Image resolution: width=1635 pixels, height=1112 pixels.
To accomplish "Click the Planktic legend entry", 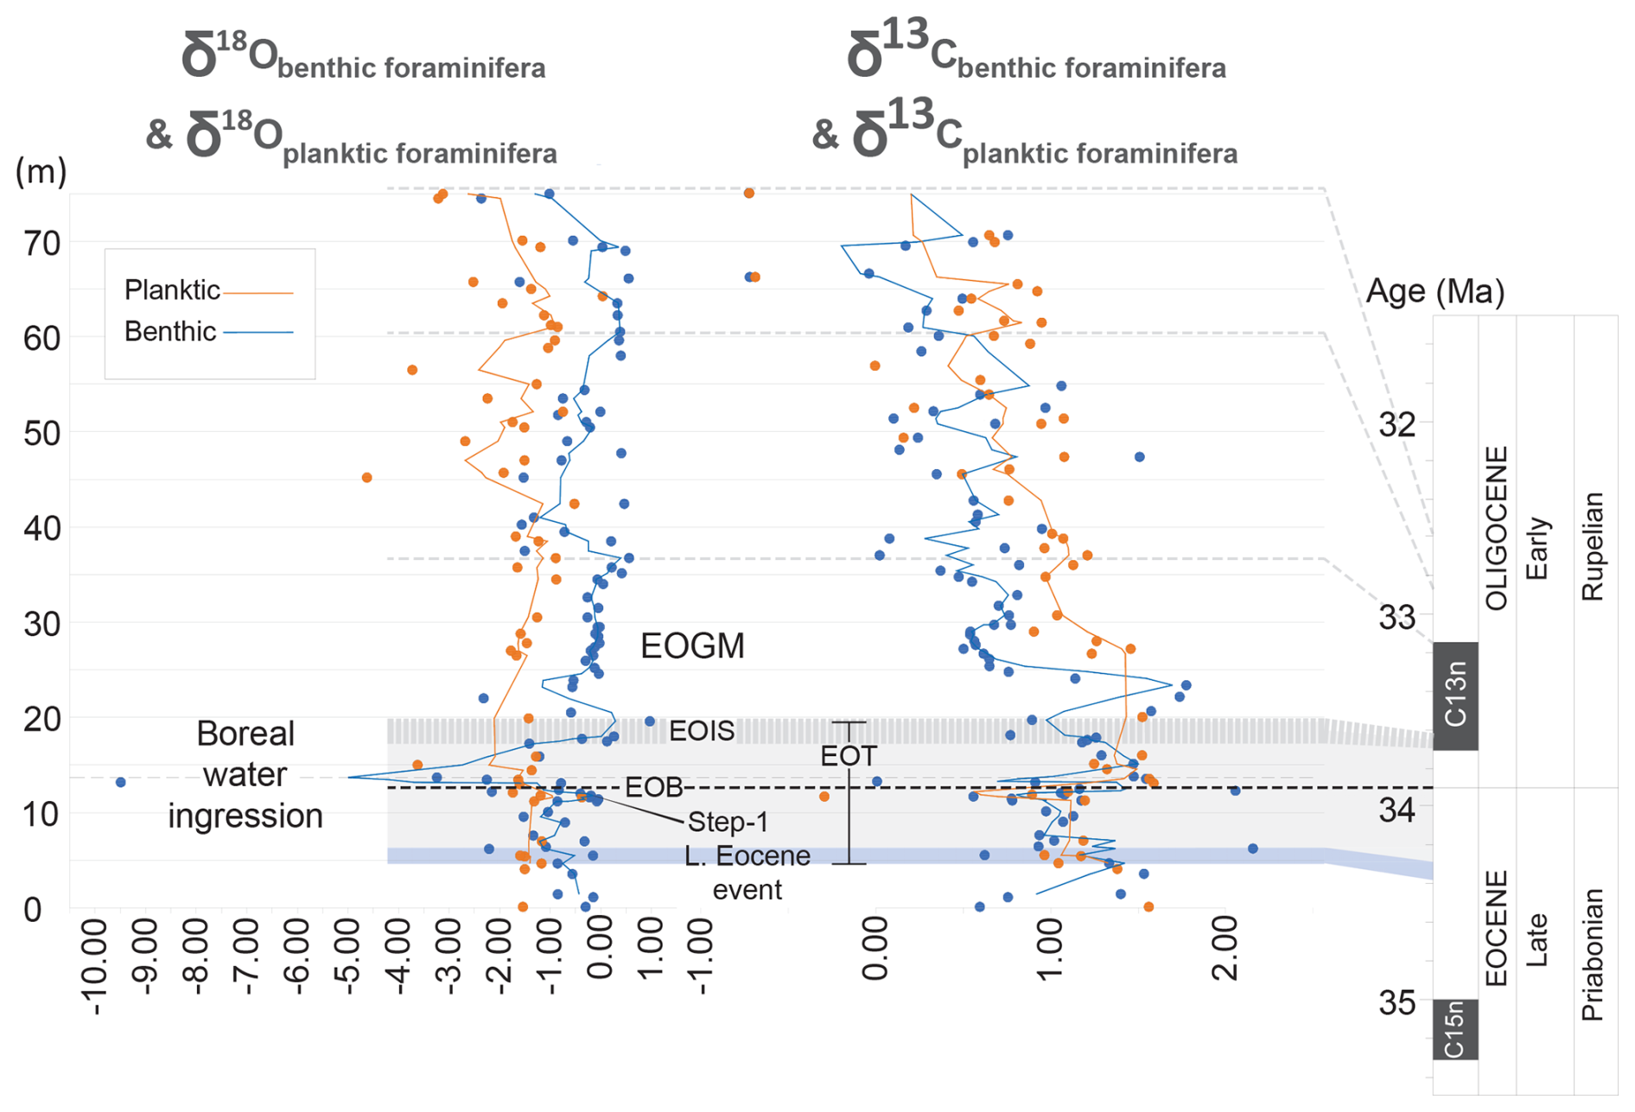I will [173, 290].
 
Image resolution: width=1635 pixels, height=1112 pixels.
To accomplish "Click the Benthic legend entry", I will [170, 332].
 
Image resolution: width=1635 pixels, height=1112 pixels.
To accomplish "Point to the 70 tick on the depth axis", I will [42, 244].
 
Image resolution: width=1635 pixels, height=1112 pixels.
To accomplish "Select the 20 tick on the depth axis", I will [42, 719].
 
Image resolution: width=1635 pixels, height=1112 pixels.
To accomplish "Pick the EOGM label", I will [692, 646].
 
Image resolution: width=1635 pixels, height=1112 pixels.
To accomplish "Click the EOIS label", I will [702, 731].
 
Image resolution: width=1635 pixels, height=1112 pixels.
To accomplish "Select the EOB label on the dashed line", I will [653, 787].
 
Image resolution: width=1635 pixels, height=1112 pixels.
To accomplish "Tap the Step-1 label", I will [728, 822].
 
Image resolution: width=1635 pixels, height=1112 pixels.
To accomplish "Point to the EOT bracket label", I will [848, 756].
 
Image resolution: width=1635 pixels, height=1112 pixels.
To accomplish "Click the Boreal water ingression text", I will [245, 774].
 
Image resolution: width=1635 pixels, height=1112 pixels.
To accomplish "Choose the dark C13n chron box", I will [1455, 696].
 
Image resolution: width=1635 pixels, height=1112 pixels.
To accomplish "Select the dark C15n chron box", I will [1455, 1029].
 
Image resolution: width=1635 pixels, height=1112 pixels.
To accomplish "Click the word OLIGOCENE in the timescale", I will [1496, 528].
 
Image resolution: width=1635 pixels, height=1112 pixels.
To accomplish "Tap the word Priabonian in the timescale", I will [1592, 955].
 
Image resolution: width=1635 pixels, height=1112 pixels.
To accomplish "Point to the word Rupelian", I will [1592, 546].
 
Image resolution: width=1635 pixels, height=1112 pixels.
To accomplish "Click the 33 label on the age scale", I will [1396, 618].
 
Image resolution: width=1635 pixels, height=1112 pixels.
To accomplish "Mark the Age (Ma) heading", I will [1435, 292].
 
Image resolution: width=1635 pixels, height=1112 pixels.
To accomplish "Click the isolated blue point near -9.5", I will [121, 782].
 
